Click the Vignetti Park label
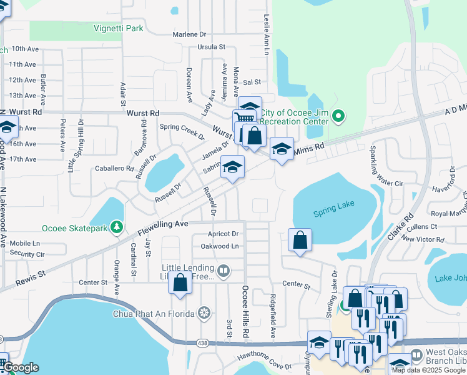tap(118, 28)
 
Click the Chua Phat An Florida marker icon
tap(204, 312)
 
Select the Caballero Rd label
tap(114, 169)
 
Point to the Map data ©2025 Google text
tap(428, 370)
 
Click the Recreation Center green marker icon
tap(338, 116)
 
